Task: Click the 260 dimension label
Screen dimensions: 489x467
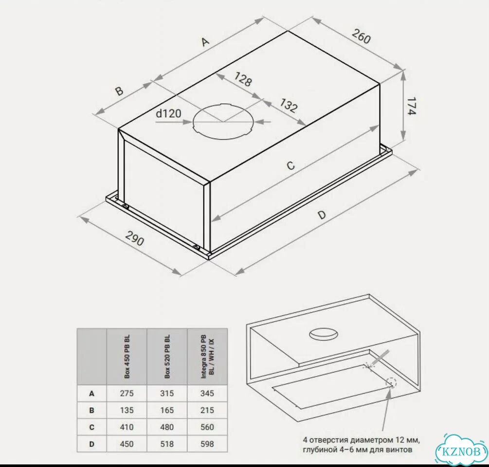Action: tap(361, 36)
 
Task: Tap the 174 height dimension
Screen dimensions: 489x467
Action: tap(411, 106)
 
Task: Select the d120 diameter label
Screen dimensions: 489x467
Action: tap(168, 113)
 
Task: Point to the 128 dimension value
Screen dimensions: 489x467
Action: tap(243, 79)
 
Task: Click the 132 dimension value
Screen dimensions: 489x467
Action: tap(288, 106)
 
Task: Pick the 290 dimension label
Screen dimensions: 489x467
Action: tap(135, 238)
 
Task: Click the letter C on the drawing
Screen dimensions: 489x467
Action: tap(290, 165)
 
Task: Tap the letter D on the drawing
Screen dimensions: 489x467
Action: tap(322, 215)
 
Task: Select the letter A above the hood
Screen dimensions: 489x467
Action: tap(204, 41)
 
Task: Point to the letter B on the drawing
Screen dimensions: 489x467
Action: tap(119, 90)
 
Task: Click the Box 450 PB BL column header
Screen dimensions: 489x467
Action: tap(127, 357)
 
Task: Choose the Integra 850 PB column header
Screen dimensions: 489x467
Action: tap(207, 357)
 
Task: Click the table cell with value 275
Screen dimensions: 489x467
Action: tap(127, 394)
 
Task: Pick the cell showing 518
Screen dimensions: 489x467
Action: tap(167, 444)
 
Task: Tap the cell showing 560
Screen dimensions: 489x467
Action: tap(207, 427)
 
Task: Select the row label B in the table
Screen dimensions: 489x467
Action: tap(91, 410)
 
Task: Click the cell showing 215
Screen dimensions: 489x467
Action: tap(207, 410)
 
